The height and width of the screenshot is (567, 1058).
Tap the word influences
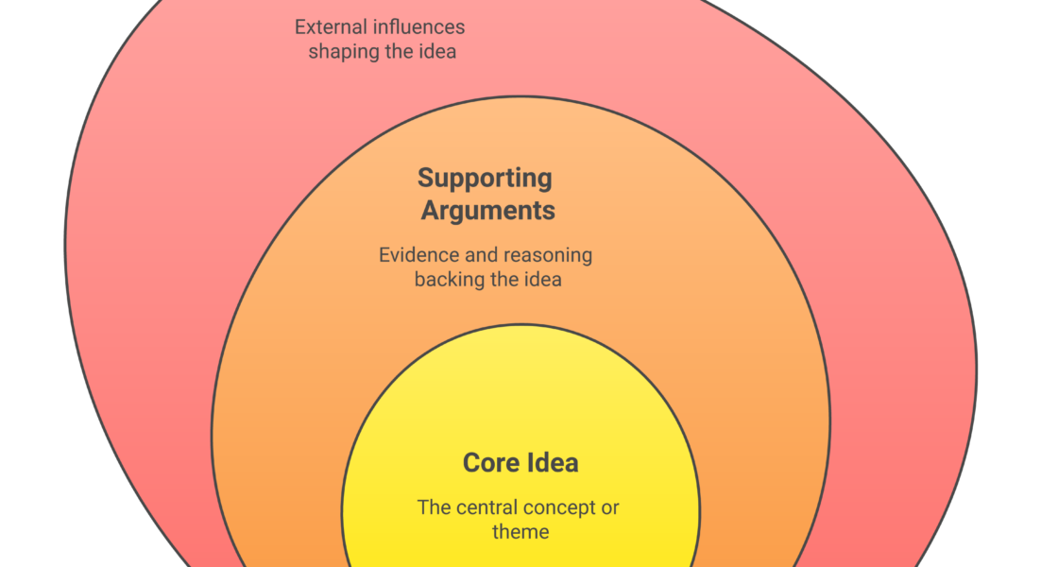pyautogui.click(x=418, y=27)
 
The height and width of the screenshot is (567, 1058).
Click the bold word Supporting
pyautogui.click(x=485, y=178)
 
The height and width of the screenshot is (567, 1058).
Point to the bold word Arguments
pyautogui.click(x=487, y=210)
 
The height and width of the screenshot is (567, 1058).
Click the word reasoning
pyautogui.click(x=548, y=255)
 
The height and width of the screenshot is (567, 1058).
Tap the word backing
pyautogui.click(x=448, y=280)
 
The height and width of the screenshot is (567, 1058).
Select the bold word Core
pyautogui.click(x=488, y=463)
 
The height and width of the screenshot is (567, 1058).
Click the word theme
pyautogui.click(x=520, y=532)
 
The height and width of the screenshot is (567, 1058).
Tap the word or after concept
pyautogui.click(x=610, y=507)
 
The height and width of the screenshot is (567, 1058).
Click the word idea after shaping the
pyautogui.click(x=435, y=52)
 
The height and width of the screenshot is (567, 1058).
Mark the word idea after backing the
pyautogui.click(x=541, y=280)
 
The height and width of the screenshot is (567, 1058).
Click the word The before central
pyautogui.click(x=435, y=507)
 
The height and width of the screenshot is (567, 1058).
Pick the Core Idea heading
pyautogui.click(x=520, y=463)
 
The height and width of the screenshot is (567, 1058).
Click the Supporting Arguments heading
pyautogui.click(x=486, y=194)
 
